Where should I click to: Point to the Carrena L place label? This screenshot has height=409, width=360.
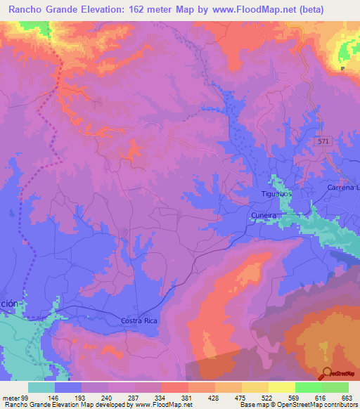click(343, 188)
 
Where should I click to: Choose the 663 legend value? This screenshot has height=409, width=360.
click(347, 398)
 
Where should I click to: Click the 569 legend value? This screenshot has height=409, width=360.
click(295, 398)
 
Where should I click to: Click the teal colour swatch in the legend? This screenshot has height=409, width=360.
click(41, 387)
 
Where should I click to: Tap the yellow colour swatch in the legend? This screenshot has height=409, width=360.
click(281, 387)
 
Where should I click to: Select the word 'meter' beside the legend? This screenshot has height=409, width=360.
click(11, 398)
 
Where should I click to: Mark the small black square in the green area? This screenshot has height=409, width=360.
click(342, 70)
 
